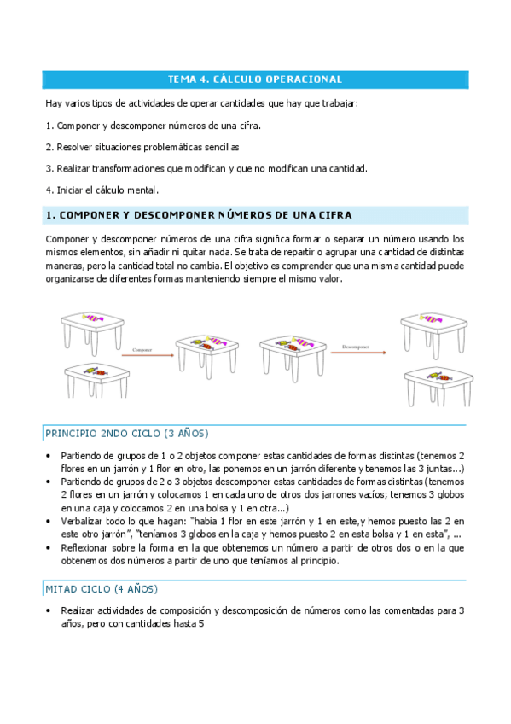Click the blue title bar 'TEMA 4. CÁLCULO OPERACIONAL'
[x=255, y=79]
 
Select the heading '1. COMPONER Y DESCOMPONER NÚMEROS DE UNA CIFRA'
[x=198, y=215]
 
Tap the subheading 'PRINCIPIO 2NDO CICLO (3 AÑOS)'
[x=126, y=433]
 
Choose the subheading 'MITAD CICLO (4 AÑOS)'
[x=101, y=589]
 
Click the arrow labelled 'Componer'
[x=142, y=353]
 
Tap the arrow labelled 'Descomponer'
[x=355, y=351]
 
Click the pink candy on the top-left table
[x=93, y=318]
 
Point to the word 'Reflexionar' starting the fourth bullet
[x=84, y=547]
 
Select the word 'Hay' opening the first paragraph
[x=53, y=104]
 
